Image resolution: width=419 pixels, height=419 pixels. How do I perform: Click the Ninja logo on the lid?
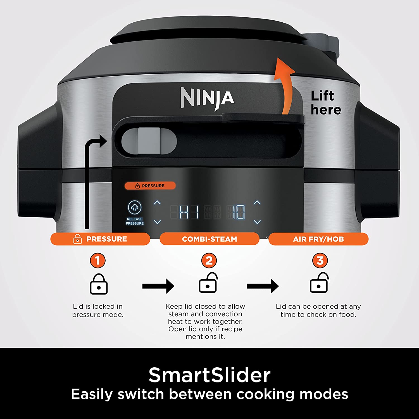[x=207, y=98]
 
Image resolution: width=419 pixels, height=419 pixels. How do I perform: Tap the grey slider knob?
[x=149, y=141]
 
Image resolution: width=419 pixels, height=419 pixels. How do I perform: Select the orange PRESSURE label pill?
[x=100, y=239]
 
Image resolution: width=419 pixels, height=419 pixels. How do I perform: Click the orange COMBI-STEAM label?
[x=209, y=239]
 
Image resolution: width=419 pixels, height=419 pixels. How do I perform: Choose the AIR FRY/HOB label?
[x=318, y=239]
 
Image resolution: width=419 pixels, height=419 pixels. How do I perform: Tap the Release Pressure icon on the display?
[x=135, y=207]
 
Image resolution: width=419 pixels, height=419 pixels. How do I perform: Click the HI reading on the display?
[x=189, y=212]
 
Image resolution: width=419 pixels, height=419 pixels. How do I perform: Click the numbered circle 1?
[x=97, y=261]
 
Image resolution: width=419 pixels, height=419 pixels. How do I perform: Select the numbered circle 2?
[x=209, y=261]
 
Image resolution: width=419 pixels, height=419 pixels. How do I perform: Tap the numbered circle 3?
[x=320, y=261]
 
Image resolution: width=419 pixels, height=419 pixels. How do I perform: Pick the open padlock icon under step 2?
[x=208, y=283]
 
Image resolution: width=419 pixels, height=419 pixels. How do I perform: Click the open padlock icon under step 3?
[x=319, y=283]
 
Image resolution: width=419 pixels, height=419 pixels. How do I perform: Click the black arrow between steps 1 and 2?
[x=158, y=286]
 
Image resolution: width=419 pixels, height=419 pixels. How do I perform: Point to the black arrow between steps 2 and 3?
[x=263, y=286]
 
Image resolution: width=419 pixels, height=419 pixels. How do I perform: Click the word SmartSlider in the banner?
[x=209, y=375]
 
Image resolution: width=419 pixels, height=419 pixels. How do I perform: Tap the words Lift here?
[x=326, y=103]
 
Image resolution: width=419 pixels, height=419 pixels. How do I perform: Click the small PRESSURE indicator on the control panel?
[x=150, y=186]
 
